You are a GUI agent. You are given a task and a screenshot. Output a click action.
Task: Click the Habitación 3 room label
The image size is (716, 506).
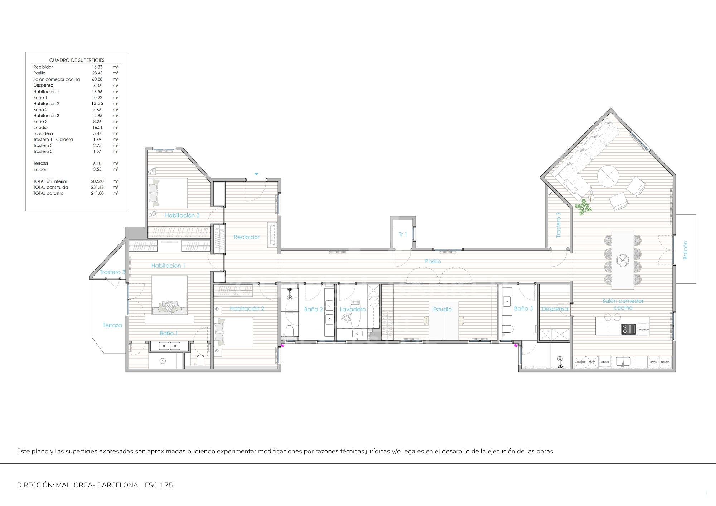click(182, 215)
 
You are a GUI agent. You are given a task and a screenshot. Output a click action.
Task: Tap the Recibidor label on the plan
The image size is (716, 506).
click(246, 237)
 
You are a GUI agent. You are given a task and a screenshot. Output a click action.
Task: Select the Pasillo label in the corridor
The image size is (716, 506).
click(433, 261)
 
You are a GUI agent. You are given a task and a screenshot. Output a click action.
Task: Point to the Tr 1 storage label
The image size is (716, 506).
click(403, 234)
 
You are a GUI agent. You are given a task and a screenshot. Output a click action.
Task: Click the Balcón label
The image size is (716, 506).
click(685, 250)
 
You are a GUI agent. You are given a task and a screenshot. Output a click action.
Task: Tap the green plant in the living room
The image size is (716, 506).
click(584, 207)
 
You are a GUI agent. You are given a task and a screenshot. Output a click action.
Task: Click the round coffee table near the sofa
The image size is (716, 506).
click(608, 176)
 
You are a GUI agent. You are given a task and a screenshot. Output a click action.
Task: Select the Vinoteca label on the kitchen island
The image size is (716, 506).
click(643, 329)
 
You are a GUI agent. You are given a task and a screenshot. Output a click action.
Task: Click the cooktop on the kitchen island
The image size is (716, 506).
click(629, 329)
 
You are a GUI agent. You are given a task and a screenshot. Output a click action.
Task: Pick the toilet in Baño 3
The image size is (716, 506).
click(508, 329)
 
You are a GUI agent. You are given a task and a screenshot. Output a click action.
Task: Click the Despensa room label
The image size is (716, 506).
click(555, 309)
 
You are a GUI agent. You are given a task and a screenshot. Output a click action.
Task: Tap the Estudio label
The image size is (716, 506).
click(442, 309)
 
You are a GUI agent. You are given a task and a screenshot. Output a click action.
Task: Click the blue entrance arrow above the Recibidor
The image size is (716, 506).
click(256, 174)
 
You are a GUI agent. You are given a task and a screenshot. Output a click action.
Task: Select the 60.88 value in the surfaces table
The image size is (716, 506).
click(97, 79)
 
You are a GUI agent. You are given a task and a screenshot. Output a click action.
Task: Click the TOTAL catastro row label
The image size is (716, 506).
click(48, 193)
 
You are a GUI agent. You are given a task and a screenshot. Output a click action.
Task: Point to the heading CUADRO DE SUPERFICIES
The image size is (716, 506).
click(77, 60)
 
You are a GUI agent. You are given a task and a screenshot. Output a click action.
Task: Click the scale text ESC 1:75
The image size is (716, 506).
click(159, 485)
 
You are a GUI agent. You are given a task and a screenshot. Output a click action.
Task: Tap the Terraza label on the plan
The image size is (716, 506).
click(112, 325)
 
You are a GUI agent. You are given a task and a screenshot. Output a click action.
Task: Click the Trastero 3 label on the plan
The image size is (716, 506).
click(112, 272)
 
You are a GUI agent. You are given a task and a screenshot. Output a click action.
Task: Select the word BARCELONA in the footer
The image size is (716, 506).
click(117, 485)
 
